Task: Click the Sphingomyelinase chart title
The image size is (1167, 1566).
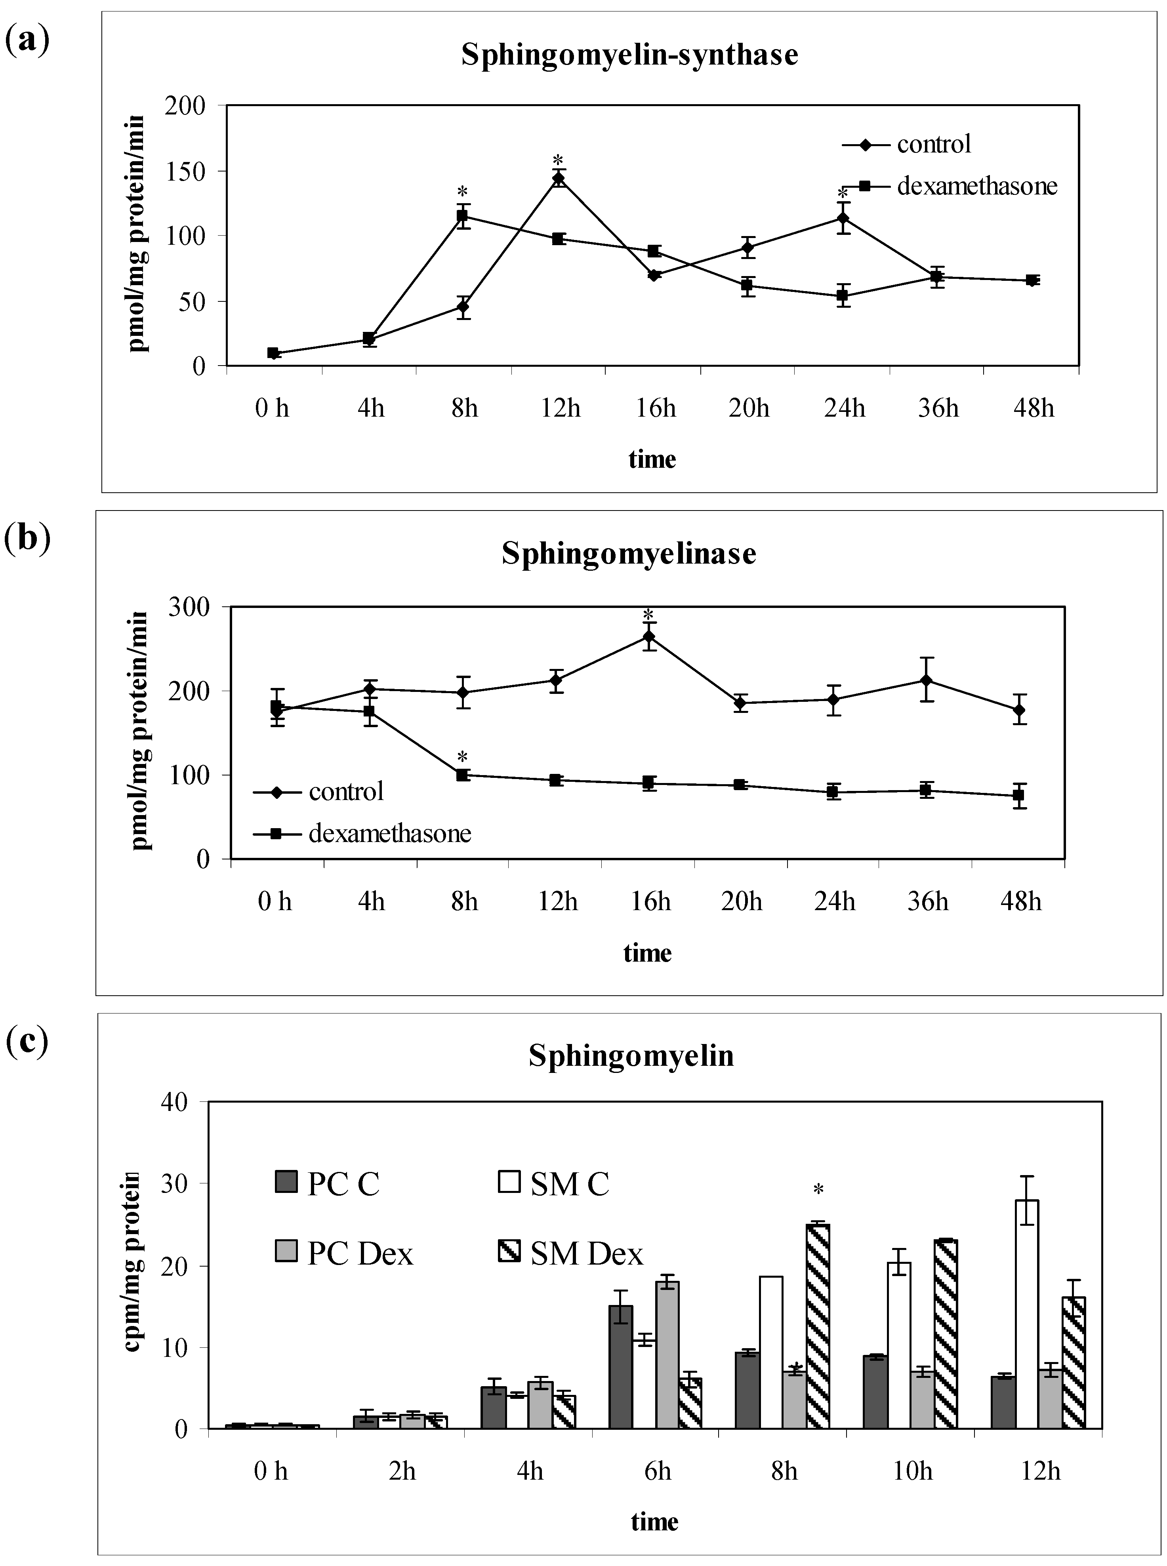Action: (629, 554)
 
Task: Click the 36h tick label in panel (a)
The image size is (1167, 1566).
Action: (938, 408)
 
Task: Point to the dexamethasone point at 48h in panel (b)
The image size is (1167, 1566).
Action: (1019, 795)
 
